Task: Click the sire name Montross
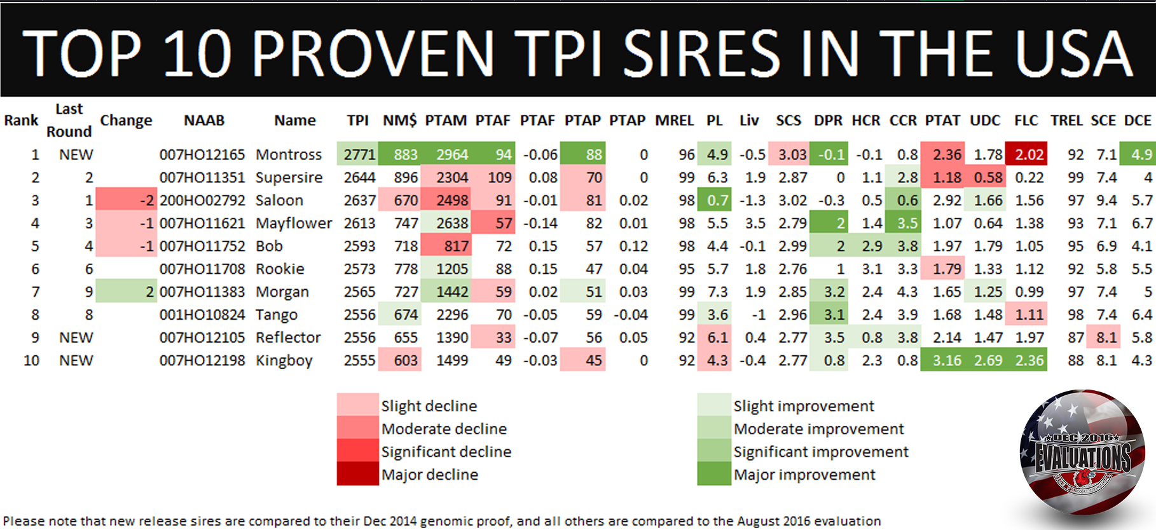pos(289,154)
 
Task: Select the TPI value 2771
pos(359,154)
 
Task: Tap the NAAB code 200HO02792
pos(202,200)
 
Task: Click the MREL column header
pos(674,120)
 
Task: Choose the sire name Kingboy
pos(284,360)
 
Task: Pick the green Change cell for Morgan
pos(127,292)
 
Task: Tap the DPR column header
pos(828,120)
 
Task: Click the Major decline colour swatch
pos(357,475)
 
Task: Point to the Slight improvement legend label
pos(804,406)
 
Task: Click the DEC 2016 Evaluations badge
pos(1083,453)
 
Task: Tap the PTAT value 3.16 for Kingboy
pos(946,360)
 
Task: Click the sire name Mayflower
pos(293,223)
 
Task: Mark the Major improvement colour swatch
pos(713,475)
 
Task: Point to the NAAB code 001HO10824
pos(202,315)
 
